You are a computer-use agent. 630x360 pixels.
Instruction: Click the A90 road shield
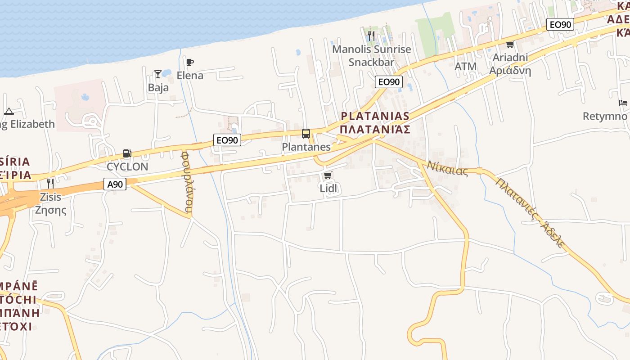(x=115, y=184)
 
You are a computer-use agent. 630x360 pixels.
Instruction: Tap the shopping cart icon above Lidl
(x=328, y=175)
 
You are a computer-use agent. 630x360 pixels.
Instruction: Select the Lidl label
(x=328, y=188)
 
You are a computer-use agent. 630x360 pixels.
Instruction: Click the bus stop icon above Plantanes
(x=306, y=133)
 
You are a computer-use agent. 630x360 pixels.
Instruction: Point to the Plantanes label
(x=306, y=147)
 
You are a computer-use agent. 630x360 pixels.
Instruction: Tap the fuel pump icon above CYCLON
(x=127, y=153)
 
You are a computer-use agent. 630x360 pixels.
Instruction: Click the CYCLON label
(x=127, y=166)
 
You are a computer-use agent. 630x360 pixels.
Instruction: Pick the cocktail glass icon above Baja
(x=158, y=74)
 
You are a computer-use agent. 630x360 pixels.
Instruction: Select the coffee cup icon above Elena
(x=189, y=62)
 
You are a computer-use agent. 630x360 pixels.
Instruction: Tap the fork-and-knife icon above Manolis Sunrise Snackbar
(x=371, y=36)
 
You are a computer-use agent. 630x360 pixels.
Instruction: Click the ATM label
(x=465, y=67)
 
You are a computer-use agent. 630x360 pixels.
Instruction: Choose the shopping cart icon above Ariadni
(x=510, y=44)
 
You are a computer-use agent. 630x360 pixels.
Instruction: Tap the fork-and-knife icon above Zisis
(x=50, y=183)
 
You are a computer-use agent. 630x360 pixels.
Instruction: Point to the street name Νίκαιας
(x=447, y=168)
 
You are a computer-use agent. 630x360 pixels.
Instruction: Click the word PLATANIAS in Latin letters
(x=375, y=116)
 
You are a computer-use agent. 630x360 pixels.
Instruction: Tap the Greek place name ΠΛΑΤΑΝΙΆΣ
(x=375, y=130)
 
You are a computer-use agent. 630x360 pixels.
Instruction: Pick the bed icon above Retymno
(x=623, y=103)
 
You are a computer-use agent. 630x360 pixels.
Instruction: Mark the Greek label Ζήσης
(x=50, y=210)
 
